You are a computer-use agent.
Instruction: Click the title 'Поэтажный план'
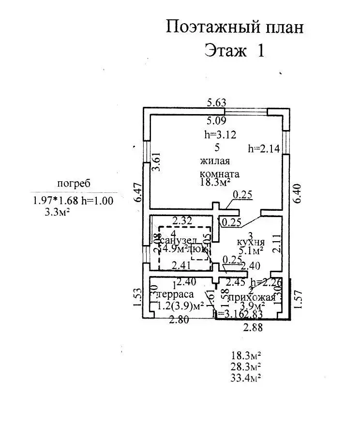tap(235, 27)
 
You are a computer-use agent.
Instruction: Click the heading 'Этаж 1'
tap(235, 50)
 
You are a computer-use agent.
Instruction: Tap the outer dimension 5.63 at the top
tap(217, 102)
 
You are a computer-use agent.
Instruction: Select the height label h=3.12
tap(220, 135)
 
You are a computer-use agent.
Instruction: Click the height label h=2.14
tap(264, 149)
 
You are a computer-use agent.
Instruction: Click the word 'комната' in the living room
tap(219, 173)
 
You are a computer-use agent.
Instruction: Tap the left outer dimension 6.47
tap(137, 192)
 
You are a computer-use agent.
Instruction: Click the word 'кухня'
tap(250, 242)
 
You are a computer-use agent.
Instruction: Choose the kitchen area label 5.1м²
tap(251, 251)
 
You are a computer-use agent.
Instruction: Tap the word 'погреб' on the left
tap(74, 183)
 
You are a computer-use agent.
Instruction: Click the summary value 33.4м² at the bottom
tap(246, 378)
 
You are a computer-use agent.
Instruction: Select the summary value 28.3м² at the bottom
tap(246, 366)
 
